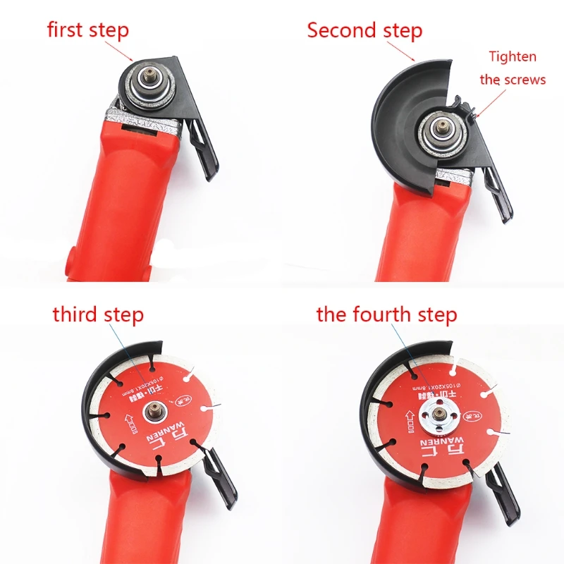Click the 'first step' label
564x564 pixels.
[x=88, y=30]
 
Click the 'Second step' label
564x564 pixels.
[x=364, y=31]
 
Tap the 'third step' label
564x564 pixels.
[x=98, y=314]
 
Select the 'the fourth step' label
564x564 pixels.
[x=386, y=314]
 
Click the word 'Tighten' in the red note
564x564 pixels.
[x=513, y=56]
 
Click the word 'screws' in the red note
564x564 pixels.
[x=527, y=80]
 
